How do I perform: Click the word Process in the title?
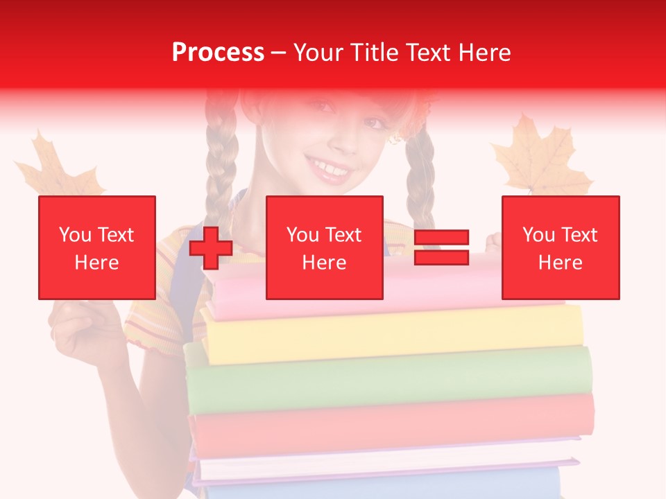coord(218,53)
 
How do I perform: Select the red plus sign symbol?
coord(211,247)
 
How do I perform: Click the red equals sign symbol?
coord(442,247)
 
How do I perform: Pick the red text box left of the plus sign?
coord(97,247)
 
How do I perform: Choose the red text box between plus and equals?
coord(325,247)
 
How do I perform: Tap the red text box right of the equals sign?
coord(561,247)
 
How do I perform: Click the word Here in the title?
coord(484,53)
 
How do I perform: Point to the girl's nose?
coord(345,135)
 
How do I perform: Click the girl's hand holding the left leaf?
coord(80,329)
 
